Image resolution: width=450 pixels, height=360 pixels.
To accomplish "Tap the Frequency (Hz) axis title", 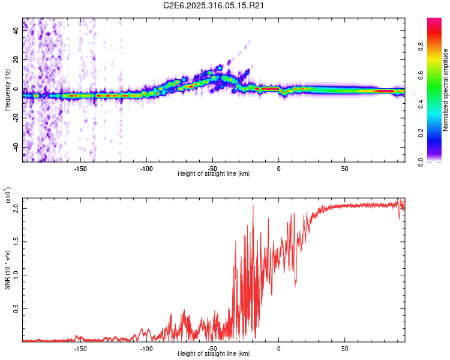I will click(8, 90).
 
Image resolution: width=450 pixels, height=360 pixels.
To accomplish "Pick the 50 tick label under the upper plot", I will click(344, 169).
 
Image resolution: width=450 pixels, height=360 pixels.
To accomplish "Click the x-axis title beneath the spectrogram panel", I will click(214, 174).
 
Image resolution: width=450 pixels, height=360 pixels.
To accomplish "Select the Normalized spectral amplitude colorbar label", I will click(446, 90).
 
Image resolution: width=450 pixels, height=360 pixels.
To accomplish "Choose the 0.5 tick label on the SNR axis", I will click(17, 308).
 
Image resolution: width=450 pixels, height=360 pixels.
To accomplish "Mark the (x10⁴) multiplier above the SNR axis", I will click(8, 196).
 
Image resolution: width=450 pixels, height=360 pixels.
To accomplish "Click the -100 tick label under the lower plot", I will click(146, 349).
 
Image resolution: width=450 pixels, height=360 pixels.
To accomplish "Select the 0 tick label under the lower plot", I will click(278, 349).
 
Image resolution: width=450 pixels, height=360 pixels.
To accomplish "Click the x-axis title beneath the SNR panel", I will click(214, 354).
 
